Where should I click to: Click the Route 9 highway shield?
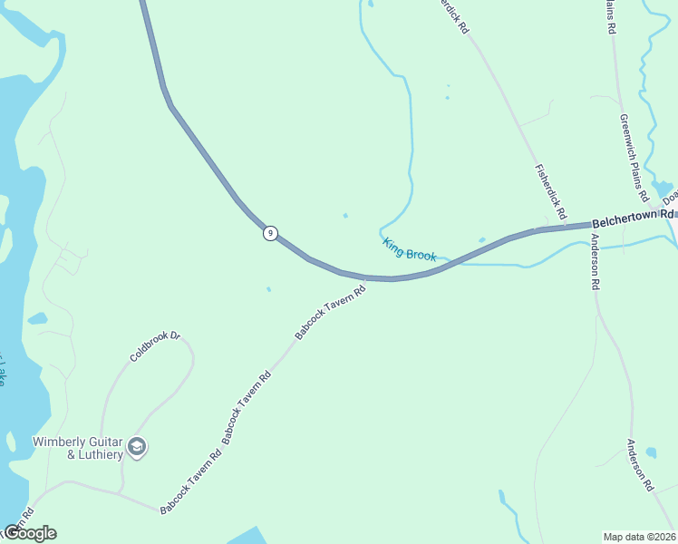pyautogui.click(x=270, y=234)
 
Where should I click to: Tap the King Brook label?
pyautogui.click(x=409, y=249)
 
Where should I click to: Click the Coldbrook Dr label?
pyautogui.click(x=155, y=347)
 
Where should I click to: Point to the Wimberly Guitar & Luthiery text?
pyautogui.click(x=77, y=448)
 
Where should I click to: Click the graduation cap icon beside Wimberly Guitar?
pyautogui.click(x=137, y=446)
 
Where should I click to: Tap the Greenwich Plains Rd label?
pyautogui.click(x=634, y=157)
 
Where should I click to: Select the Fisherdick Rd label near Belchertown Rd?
pyautogui.click(x=550, y=192)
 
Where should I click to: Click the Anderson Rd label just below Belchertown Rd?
pyautogui.click(x=595, y=262)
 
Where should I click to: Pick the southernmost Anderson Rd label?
pyautogui.click(x=640, y=465)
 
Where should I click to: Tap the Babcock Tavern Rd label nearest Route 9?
pyautogui.click(x=330, y=313)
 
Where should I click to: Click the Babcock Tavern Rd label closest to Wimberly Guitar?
pyautogui.click(x=190, y=481)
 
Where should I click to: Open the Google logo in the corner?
pyautogui.click(x=29, y=533)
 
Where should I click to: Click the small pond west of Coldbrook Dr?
pyautogui.click(x=37, y=319)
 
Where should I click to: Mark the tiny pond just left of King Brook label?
pyautogui.click(x=344, y=216)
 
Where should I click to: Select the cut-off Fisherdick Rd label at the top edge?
pyautogui.click(x=452, y=15)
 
